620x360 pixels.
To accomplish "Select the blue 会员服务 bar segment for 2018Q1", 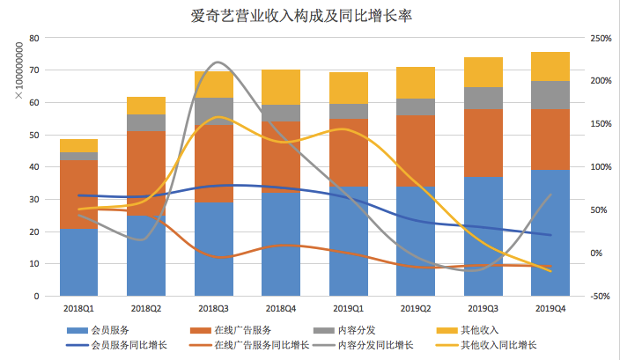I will coord(78,262).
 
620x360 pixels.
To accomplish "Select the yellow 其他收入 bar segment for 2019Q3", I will coord(482,72).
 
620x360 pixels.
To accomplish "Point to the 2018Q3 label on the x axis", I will coord(213,309).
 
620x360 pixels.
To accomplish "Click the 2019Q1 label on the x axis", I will coord(348,309).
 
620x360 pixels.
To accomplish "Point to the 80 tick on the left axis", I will coord(34,38).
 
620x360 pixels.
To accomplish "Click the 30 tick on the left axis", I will coord(34,199).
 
